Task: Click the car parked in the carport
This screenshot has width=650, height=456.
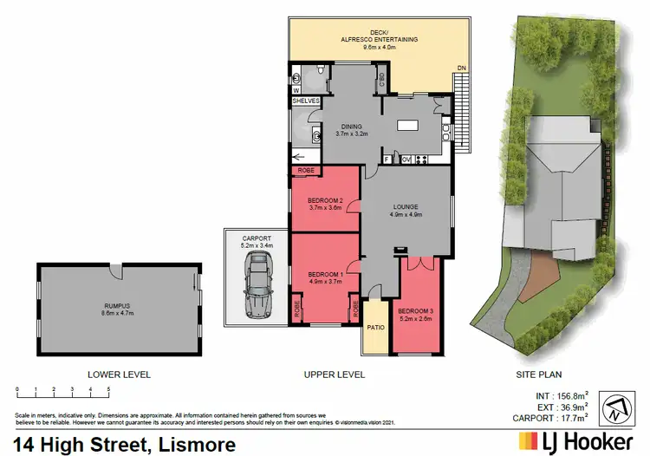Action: pyautogui.click(x=257, y=290)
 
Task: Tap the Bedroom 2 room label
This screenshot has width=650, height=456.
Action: pyautogui.click(x=326, y=205)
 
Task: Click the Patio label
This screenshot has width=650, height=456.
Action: pyautogui.click(x=375, y=327)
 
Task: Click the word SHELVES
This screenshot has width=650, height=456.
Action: pyautogui.click(x=306, y=101)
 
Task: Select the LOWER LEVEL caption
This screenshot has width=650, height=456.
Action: pyautogui.click(x=119, y=375)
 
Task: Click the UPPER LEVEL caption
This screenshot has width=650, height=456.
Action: pyautogui.click(x=335, y=375)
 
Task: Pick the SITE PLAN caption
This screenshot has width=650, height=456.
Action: pyautogui.click(x=539, y=375)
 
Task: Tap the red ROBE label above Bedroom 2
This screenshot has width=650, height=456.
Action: pyautogui.click(x=306, y=171)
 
